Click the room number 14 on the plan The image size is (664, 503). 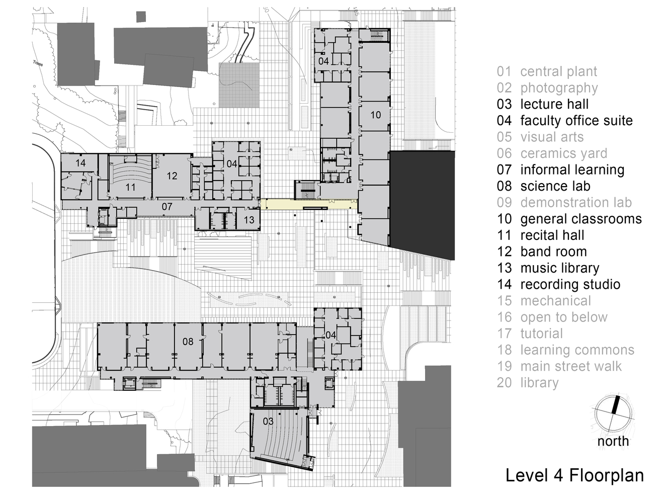[80, 163]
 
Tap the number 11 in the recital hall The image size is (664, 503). [130, 188]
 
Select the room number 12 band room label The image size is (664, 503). [172, 176]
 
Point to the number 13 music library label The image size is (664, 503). [249, 220]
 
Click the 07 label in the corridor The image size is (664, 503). [167, 206]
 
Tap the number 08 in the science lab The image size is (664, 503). [188, 342]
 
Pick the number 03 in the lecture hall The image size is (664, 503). [268, 421]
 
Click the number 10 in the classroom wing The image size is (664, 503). [375, 115]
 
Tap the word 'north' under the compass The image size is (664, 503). [613, 441]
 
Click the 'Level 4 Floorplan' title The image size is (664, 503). [574, 475]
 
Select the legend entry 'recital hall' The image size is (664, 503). [552, 235]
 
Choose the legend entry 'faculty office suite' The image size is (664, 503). [576, 121]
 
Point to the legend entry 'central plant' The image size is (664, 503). [558, 71]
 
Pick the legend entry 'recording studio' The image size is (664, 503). [570, 284]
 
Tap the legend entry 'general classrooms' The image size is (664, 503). [580, 219]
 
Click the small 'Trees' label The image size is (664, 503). [38, 63]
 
